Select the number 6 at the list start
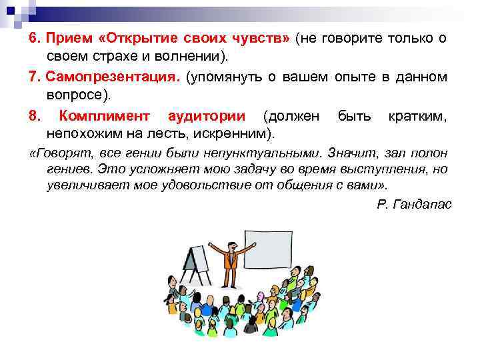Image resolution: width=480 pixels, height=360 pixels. click(33, 39)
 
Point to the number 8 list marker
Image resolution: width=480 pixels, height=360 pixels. click(33, 117)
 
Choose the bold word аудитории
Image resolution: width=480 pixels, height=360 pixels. click(207, 117)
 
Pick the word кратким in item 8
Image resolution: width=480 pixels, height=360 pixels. click(417, 117)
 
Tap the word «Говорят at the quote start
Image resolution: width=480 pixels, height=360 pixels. click(60, 155)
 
